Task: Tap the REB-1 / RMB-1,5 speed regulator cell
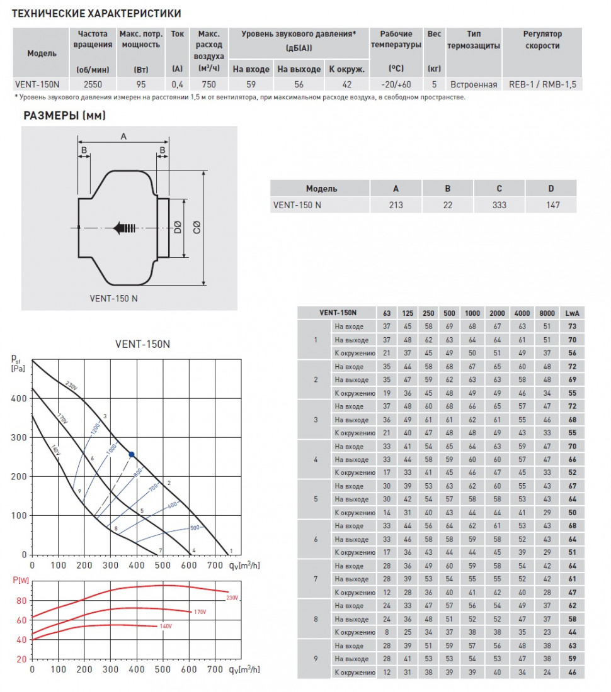coord(542,84)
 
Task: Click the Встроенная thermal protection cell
coord(474,84)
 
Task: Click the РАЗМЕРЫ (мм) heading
coord(65,115)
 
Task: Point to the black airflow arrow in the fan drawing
coord(124,228)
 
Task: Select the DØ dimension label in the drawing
coord(176,228)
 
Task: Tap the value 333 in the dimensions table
coord(499,205)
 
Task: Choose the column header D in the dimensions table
coord(551,189)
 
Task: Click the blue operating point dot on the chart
coord(132,454)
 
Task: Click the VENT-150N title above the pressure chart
coord(142,344)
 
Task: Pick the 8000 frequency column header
coord(547,313)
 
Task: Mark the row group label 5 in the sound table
coord(316,499)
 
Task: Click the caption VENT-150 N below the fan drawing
coord(113,298)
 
